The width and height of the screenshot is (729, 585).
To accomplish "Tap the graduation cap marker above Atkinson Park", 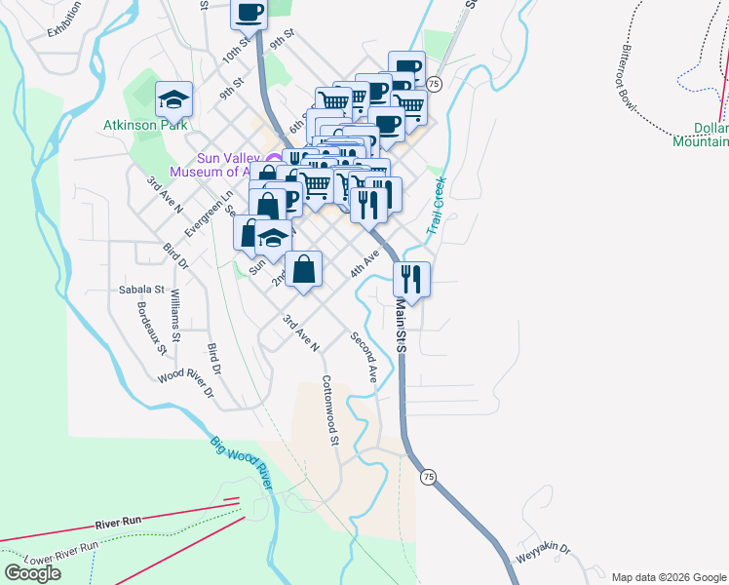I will pyautogui.click(x=174, y=98).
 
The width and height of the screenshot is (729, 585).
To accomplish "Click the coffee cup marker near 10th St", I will pyautogui.click(x=249, y=13).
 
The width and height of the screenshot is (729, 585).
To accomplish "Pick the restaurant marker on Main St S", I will pyautogui.click(x=411, y=279).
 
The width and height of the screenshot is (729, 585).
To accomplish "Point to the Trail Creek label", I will pyautogui.click(x=436, y=206).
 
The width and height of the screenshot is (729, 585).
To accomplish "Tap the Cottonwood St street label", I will pyautogui.click(x=329, y=411).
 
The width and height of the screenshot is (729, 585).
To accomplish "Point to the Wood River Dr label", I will pyautogui.click(x=185, y=383).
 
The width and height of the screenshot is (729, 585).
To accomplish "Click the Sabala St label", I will pyautogui.click(x=142, y=290).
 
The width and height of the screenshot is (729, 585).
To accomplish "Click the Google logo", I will pyautogui.click(x=32, y=572).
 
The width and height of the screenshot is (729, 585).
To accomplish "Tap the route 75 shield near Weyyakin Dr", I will pyautogui.click(x=427, y=477).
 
